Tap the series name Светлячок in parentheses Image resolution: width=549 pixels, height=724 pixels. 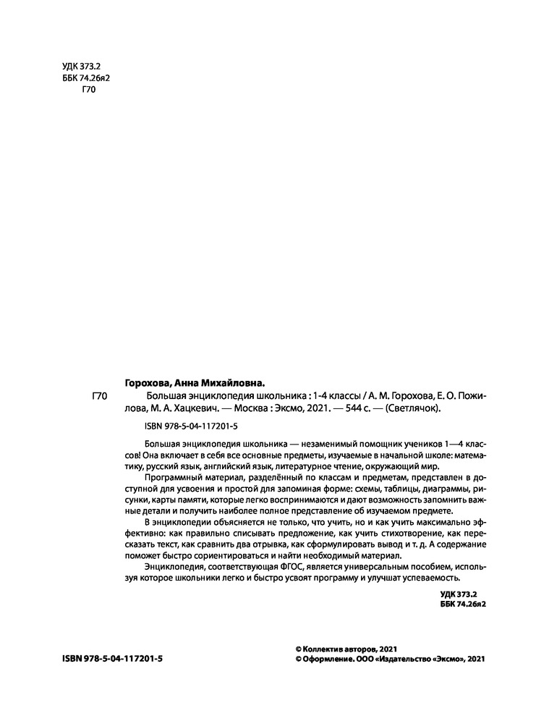413,408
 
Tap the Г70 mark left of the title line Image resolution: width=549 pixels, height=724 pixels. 101,396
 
